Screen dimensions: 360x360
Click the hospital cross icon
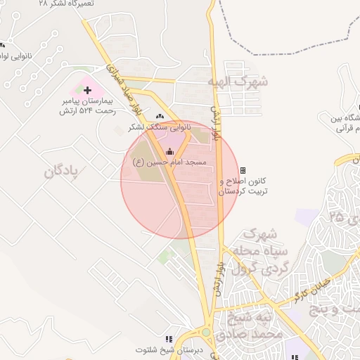pyautogui.click(x=87, y=90)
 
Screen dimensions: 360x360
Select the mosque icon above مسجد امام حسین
pyautogui.click(x=169, y=151)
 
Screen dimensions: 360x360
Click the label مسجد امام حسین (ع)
pyautogui.click(x=170, y=162)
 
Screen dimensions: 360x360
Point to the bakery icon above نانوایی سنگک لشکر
pyautogui.click(x=160, y=117)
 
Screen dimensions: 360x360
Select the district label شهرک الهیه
pyautogui.click(x=238, y=82)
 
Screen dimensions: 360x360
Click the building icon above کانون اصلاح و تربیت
pyautogui.click(x=243, y=170)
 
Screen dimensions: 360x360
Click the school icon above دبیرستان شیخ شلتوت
pyautogui.click(x=167, y=339)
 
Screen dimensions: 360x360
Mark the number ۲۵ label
pyautogui.click(x=335, y=217)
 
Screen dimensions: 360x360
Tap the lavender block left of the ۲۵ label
pyautogui.click(x=307, y=217)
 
